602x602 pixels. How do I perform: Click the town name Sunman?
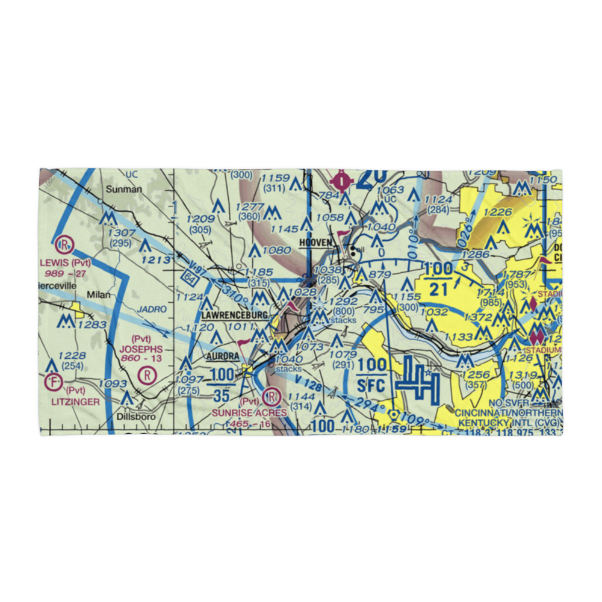click(124, 189)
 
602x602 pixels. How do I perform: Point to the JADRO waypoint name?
click(152, 308)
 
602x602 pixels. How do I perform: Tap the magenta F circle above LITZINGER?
click(54, 381)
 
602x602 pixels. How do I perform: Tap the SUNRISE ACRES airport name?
click(249, 414)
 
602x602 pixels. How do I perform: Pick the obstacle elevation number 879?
click(380, 275)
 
